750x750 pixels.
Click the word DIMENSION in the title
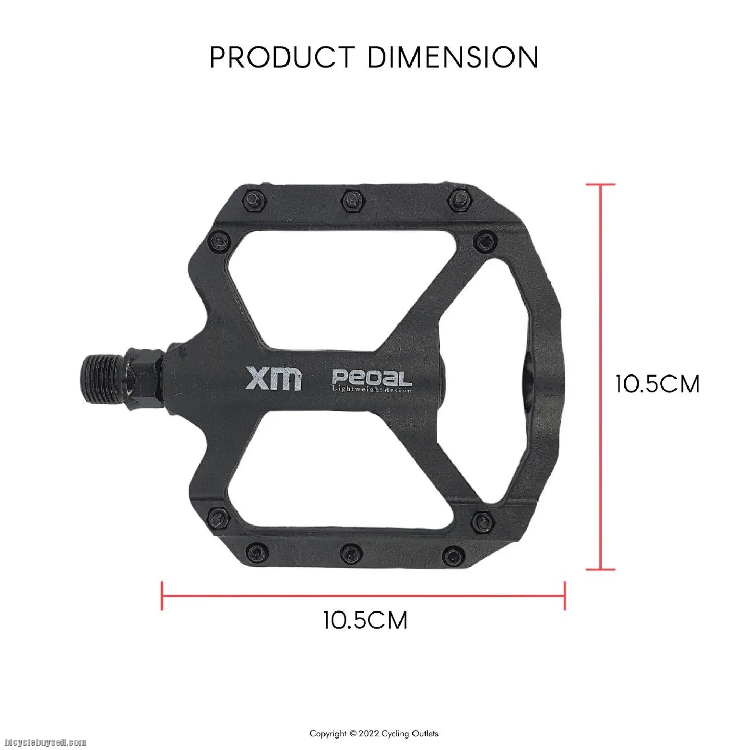[x=453, y=58]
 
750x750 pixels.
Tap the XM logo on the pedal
[x=274, y=378]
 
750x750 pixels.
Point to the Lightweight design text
[x=372, y=389]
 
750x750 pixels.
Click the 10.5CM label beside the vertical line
[x=657, y=384]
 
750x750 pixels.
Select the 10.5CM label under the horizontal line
[x=366, y=620]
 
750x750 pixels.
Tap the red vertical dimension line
[x=601, y=377]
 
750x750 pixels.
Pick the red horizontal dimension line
[x=363, y=595]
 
